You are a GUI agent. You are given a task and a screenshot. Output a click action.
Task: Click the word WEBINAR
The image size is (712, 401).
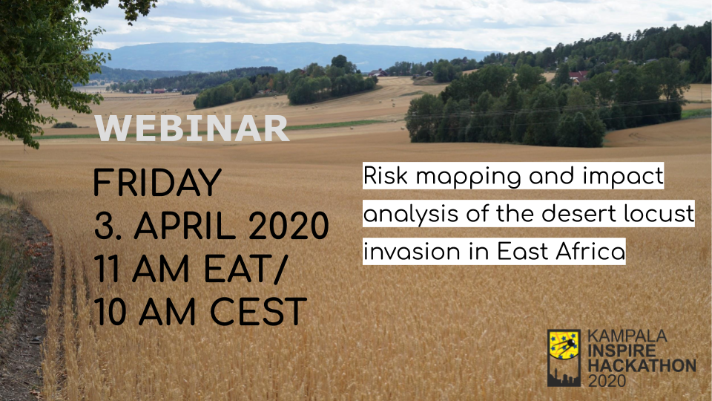192,128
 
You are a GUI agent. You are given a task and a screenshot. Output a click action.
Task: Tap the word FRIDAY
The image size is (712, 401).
157,183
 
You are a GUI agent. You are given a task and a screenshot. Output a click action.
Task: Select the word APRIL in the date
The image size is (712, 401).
184,226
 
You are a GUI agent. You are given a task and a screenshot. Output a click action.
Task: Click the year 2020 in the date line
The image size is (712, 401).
289,226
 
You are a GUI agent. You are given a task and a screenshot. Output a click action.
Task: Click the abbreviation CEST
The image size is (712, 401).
258,313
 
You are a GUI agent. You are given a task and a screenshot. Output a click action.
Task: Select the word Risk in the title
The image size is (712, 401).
385,176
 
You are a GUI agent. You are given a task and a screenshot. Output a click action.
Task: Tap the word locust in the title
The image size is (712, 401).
659,214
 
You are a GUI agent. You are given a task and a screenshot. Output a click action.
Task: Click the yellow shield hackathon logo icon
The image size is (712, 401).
564,358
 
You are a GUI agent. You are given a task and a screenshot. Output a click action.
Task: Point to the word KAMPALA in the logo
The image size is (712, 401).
627,336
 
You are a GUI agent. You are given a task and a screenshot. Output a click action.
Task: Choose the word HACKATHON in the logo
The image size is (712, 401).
642,365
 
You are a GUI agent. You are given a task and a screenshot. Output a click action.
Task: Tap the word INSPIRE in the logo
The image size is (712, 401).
622,351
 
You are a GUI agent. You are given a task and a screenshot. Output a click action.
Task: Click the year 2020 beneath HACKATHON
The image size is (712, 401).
607,380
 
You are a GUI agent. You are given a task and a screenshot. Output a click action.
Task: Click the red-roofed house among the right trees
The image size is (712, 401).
578,76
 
